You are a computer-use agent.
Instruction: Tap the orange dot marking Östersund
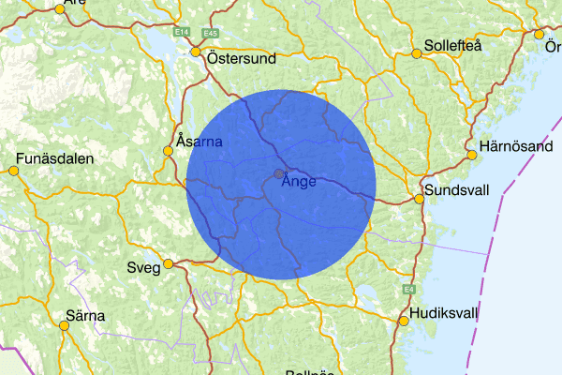pos(197,52)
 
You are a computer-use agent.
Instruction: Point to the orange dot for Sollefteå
pos(417,53)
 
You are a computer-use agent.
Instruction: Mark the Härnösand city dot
pos(471,155)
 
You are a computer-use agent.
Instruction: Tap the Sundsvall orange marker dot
pos(420,199)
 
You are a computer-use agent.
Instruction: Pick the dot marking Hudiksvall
pos(404,321)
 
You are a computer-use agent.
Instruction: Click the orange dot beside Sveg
pos(169,263)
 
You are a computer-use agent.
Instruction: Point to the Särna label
pos(85,315)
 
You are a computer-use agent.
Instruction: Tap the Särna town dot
pos(65,325)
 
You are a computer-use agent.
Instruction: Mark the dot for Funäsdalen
pos(13,171)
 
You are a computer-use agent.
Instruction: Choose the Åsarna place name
pos(199,142)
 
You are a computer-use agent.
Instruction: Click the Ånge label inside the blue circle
pos(299,182)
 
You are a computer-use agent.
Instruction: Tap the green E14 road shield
pos(183,33)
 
